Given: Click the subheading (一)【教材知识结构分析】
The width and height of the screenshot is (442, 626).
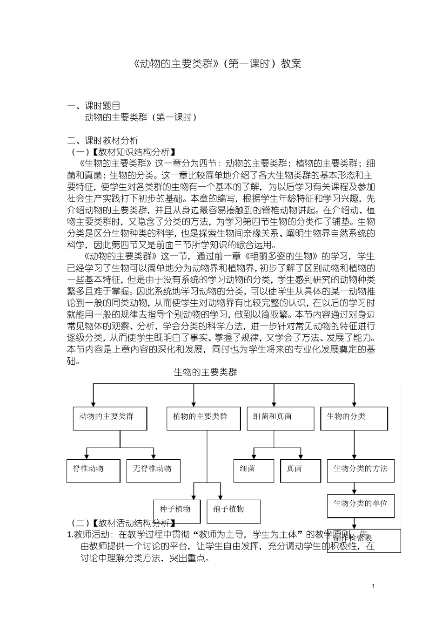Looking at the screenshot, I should (123, 152).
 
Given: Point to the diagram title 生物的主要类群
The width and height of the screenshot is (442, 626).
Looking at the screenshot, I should (205, 372).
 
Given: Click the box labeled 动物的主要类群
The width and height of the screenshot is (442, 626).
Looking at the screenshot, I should (110, 419).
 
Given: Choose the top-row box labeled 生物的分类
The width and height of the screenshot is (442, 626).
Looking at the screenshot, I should (354, 419).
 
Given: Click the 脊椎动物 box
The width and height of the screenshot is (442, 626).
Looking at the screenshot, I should (94, 470).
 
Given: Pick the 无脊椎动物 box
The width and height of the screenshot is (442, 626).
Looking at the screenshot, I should (153, 470).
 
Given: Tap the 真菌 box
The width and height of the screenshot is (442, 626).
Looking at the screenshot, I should (301, 470).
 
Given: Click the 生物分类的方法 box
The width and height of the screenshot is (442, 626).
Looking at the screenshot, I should (361, 470).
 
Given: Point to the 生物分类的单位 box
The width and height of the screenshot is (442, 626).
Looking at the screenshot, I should (361, 505).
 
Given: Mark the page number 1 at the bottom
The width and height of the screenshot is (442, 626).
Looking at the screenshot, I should (374, 586).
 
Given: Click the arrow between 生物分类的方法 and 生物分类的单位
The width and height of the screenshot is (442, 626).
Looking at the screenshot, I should (355, 488).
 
